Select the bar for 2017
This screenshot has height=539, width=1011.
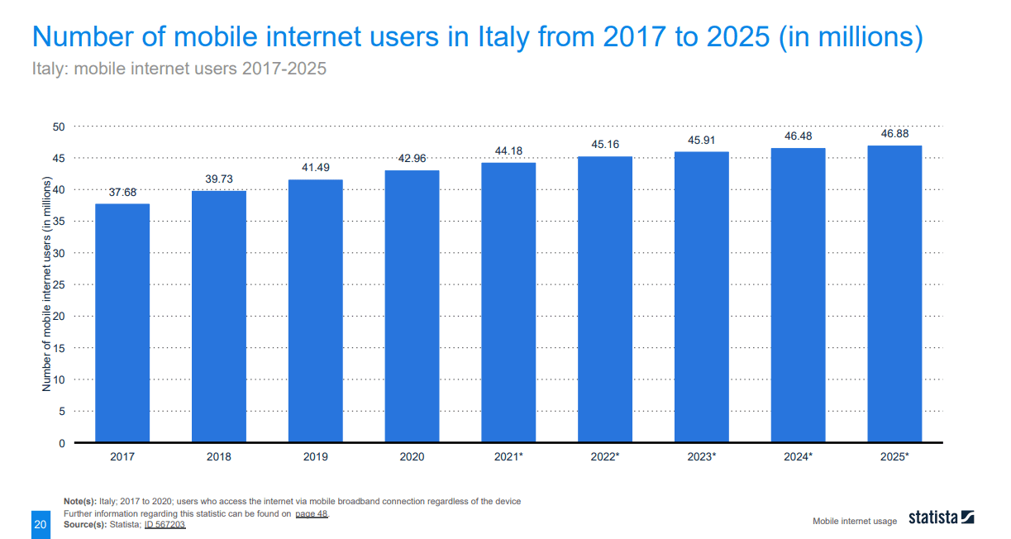tap(122, 322)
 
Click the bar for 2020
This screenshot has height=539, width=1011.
tap(412, 306)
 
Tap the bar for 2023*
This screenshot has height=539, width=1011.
tap(701, 297)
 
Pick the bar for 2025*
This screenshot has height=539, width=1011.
tap(894, 293)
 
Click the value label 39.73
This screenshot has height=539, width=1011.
tap(219, 179)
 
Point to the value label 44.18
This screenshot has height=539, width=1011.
tap(508, 150)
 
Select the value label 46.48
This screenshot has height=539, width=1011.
tap(798, 136)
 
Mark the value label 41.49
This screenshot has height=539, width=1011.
tap(315, 168)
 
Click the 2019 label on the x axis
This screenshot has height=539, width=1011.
tap(315, 456)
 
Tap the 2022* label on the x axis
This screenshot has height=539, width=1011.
tap(605, 456)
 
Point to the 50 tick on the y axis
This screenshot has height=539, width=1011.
tap(59, 126)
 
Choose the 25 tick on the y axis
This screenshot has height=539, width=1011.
tap(59, 284)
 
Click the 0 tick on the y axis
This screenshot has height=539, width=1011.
tap(61, 443)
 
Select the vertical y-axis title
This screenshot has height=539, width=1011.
tap(47, 284)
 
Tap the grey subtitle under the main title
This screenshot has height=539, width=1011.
tap(179, 69)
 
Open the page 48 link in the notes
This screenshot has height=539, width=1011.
tap(312, 513)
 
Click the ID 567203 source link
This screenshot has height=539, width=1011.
tap(165, 524)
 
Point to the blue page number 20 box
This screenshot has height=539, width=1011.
tap(40, 524)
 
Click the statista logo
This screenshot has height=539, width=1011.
tap(941, 518)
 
